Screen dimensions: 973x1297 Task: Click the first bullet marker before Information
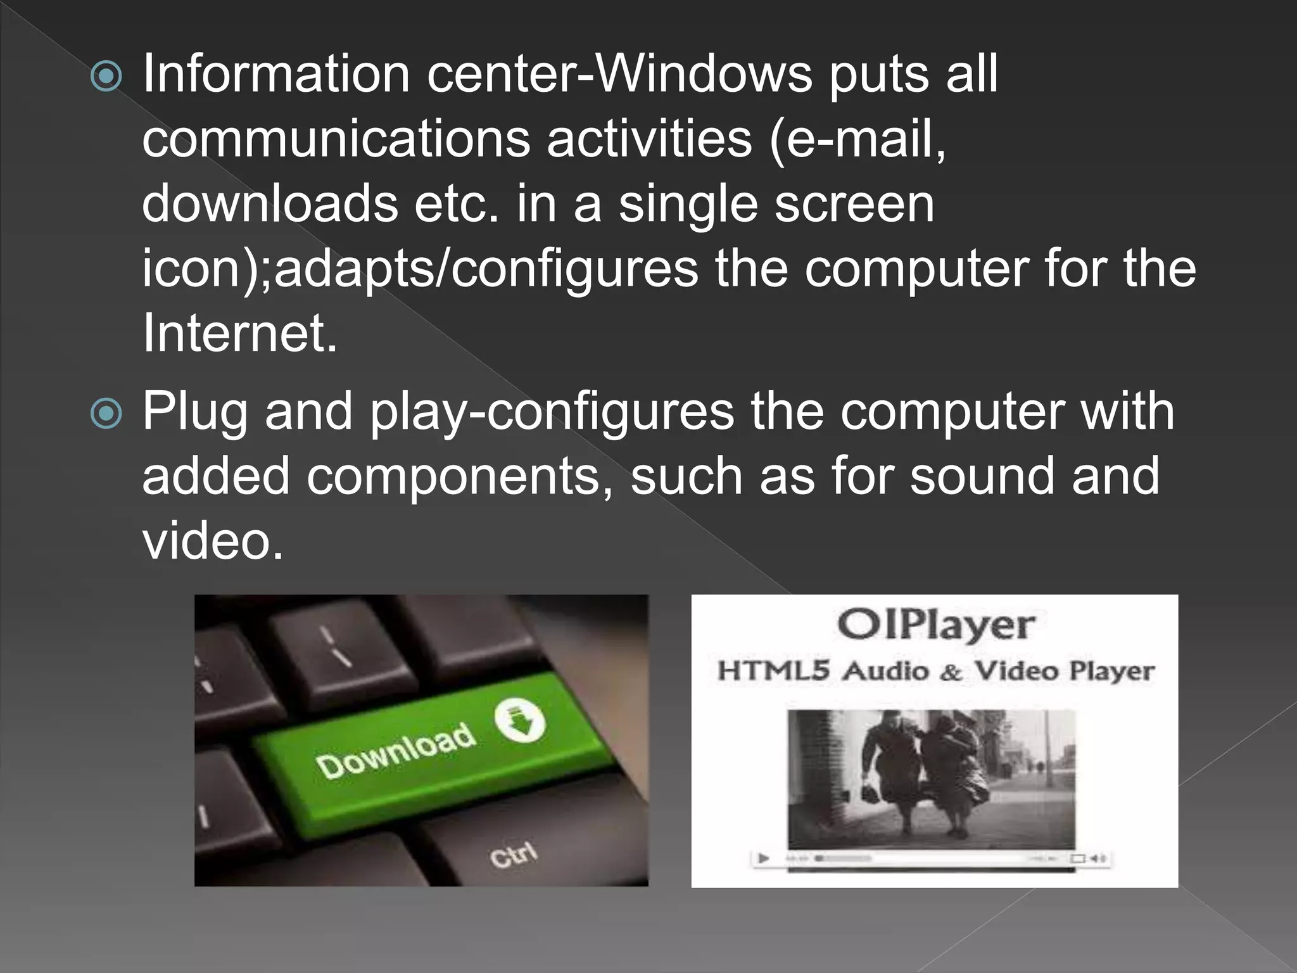106,77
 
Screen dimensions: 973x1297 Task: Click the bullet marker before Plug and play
106,414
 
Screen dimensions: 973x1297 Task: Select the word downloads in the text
270,204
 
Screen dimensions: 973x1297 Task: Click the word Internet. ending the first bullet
239,333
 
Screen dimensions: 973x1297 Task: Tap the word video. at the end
212,542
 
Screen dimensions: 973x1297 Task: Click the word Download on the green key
396,751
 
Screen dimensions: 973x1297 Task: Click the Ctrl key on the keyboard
513,856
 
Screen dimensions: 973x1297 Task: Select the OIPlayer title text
935,626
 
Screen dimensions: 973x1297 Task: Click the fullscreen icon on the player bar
1077,859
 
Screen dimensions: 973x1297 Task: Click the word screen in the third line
854,204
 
